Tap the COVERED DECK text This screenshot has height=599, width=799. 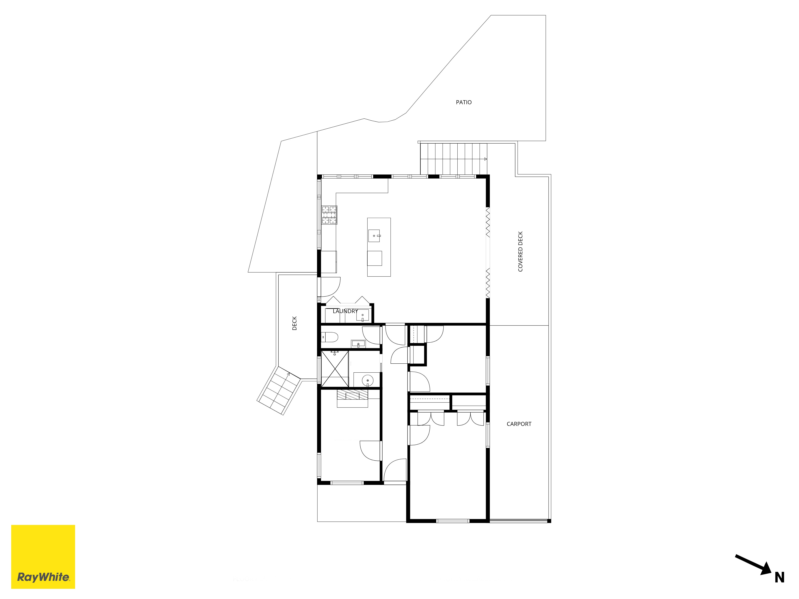[x=520, y=252]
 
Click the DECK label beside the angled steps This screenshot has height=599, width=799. [x=294, y=323]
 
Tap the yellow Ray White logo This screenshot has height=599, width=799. [x=43, y=557]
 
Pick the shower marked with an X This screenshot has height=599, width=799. [x=335, y=369]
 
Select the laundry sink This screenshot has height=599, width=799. [x=363, y=315]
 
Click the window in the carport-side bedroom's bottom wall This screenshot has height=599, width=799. [x=453, y=521]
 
